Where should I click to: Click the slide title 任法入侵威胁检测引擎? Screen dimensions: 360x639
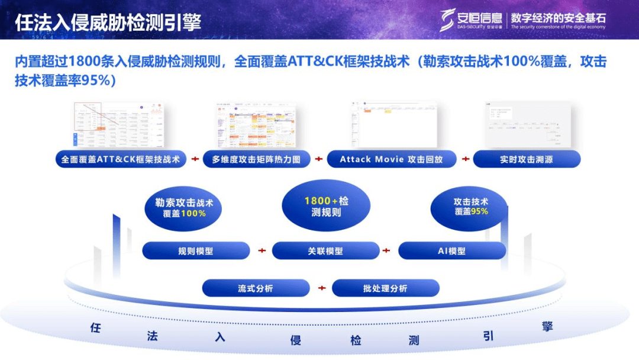click(x=108, y=22)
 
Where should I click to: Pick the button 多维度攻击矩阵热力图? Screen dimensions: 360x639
click(x=256, y=159)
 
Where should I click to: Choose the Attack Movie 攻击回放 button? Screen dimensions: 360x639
click(x=391, y=159)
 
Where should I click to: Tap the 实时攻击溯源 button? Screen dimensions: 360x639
click(x=527, y=159)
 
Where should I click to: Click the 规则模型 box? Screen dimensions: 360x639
click(x=196, y=250)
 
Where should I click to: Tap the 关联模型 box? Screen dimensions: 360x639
click(x=325, y=250)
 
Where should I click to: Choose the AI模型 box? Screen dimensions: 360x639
click(x=452, y=250)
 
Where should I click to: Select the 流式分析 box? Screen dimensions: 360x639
click(x=256, y=288)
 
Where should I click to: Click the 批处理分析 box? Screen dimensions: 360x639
click(x=385, y=288)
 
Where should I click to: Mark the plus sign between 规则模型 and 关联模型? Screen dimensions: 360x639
click(x=262, y=250)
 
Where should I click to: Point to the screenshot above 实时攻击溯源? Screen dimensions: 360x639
click(x=527, y=125)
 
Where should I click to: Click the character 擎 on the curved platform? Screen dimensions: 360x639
click(x=547, y=326)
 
